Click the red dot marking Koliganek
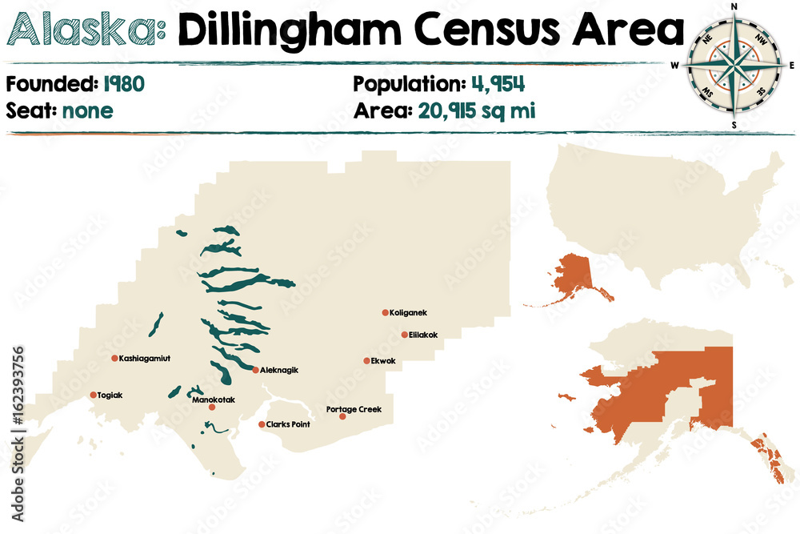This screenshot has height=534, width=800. [x=385, y=313]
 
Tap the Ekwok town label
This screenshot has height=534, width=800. [x=383, y=361]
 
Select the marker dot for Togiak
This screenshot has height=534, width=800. [x=94, y=395]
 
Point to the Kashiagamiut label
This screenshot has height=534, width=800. [x=145, y=359]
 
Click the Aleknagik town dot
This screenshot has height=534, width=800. [x=255, y=370]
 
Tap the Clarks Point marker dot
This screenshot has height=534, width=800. [x=262, y=424]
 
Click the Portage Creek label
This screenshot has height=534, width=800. [x=354, y=409]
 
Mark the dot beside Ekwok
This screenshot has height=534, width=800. [x=366, y=361]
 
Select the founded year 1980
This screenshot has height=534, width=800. [x=122, y=83]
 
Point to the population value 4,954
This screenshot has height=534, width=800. [x=497, y=83]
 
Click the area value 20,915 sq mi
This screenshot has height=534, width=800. [x=476, y=110]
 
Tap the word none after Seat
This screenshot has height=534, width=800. [x=83, y=110]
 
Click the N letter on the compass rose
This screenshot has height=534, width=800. [x=734, y=7]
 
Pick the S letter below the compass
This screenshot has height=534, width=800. [x=734, y=124]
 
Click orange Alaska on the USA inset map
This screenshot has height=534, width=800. [x=572, y=279]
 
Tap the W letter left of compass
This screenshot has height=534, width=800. [x=675, y=66]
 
